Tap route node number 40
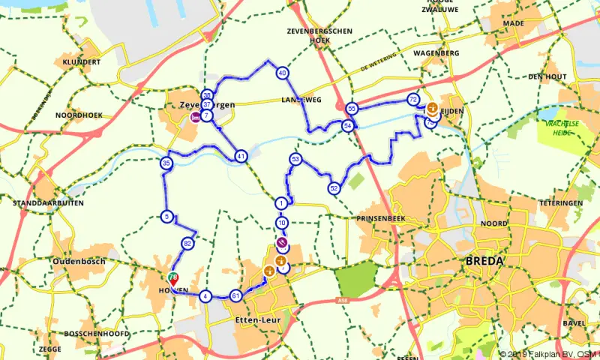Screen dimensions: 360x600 pyautogui.click(x=282, y=73)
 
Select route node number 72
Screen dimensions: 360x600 pyautogui.click(x=413, y=99)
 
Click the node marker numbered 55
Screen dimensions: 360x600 pyautogui.click(x=352, y=109)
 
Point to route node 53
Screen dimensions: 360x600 pyautogui.click(x=295, y=159)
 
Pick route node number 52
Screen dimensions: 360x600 pyautogui.click(x=334, y=187)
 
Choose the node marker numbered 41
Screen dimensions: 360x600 pyautogui.click(x=241, y=156)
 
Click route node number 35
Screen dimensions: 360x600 pyautogui.click(x=166, y=163)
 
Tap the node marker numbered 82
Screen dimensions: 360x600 pyautogui.click(x=187, y=244)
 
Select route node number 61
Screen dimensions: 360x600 pyautogui.click(x=235, y=295)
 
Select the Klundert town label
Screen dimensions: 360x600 pyautogui.click(x=82, y=62)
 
